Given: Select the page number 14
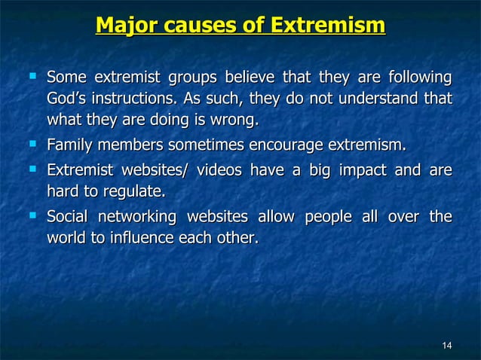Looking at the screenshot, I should [x=446, y=346].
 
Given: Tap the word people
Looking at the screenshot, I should [x=329, y=218].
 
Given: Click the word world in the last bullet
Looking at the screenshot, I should [x=66, y=239].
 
